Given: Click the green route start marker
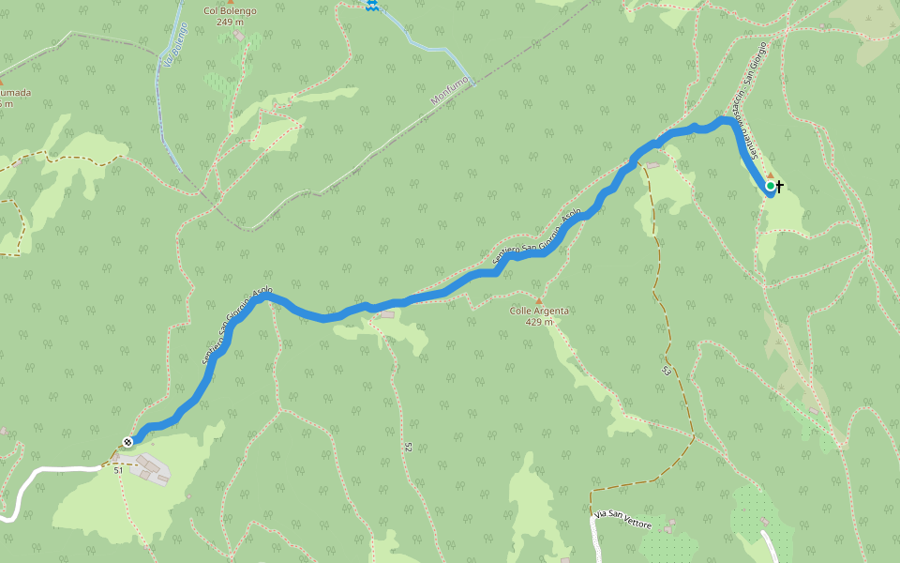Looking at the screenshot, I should pyautogui.click(x=771, y=187).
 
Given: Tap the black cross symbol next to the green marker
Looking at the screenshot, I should pyautogui.click(x=780, y=187).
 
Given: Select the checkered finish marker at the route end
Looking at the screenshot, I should pyautogui.click(x=127, y=442).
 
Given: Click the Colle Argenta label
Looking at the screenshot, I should pyautogui.click(x=539, y=311).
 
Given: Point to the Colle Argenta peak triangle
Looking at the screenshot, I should pyautogui.click(x=539, y=300).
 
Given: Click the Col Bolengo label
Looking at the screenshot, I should pyautogui.click(x=230, y=11).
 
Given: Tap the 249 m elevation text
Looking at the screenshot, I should pyautogui.click(x=230, y=22).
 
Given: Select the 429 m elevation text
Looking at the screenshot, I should pyautogui.click(x=539, y=322).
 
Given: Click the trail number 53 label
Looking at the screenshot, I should pyautogui.click(x=667, y=370).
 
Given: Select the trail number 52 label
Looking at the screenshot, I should pyautogui.click(x=409, y=449).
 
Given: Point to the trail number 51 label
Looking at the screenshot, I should pyautogui.click(x=119, y=469).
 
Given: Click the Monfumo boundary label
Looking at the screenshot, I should pyautogui.click(x=448, y=89).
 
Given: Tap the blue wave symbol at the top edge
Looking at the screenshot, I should pyautogui.click(x=372, y=6).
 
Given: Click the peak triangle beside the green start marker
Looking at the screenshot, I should pyautogui.click(x=771, y=175).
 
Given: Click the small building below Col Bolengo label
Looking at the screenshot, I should pyautogui.click(x=240, y=37).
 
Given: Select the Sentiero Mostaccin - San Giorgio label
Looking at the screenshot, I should pyautogui.click(x=751, y=94).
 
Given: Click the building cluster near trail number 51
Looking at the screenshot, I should pyautogui.click(x=149, y=467).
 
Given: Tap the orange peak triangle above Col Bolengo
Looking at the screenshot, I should pyautogui.click(x=230, y=2).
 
